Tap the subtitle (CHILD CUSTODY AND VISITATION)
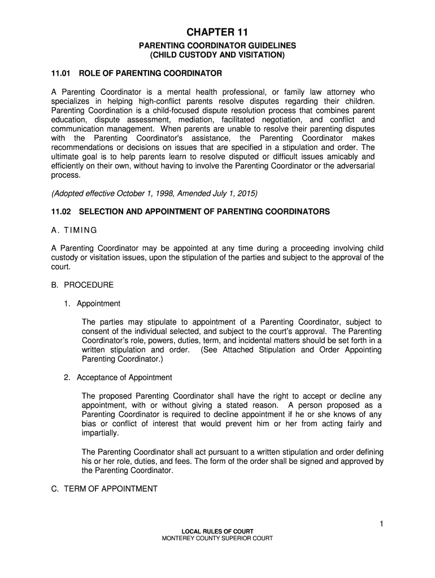pos(217,55)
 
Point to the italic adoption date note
pos(154,194)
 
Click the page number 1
pos(381,524)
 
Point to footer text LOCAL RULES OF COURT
pos(217,531)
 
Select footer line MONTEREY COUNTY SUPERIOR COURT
pos(217,538)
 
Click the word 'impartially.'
pos(101,433)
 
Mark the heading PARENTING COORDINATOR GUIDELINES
pos(217,46)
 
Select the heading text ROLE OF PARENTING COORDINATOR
pos(150,73)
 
